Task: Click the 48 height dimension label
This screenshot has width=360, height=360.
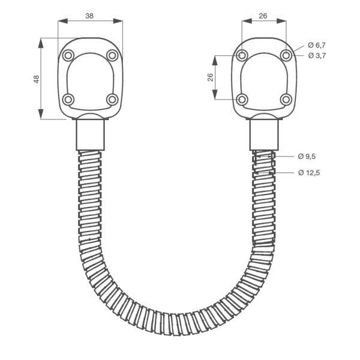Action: (36, 79)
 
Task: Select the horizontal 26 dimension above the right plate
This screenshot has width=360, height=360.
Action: (263, 17)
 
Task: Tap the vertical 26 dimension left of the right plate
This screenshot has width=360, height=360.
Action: (210, 77)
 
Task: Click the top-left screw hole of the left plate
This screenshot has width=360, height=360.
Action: (68, 56)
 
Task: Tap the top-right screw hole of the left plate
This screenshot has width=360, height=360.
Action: (112, 56)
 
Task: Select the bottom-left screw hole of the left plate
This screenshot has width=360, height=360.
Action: (68, 99)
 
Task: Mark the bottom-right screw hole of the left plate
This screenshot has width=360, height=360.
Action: (112, 99)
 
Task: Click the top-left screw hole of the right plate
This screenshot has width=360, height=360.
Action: (242, 56)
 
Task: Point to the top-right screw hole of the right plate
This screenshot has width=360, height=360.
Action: (286, 56)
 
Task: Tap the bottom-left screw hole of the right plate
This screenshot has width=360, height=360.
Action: (242, 99)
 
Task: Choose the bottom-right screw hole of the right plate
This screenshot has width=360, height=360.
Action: (286, 99)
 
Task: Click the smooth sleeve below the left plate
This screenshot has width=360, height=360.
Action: (91, 135)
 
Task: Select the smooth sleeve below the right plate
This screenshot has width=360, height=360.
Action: (264, 135)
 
